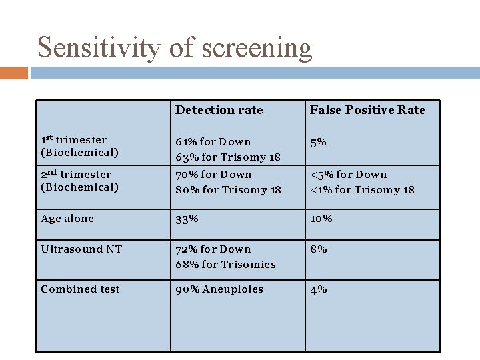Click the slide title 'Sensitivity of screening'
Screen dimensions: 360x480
pyautogui.click(x=175, y=48)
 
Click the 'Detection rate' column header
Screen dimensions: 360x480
pyautogui.click(x=219, y=110)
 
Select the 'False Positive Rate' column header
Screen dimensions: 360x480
pyautogui.click(x=367, y=110)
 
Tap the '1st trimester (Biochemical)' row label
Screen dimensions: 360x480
pyautogui.click(x=79, y=146)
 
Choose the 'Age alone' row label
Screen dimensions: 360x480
pyautogui.click(x=67, y=219)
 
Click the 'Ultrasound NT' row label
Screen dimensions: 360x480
pyautogui.click(x=81, y=249)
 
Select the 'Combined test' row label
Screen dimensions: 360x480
pyautogui.click(x=80, y=289)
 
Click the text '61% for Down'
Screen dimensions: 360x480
pyautogui.click(x=213, y=142)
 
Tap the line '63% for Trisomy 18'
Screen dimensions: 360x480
pyautogui.click(x=227, y=157)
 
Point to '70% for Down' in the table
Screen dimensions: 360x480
pyautogui.click(x=213, y=175)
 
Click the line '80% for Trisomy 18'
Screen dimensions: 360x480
pyautogui.click(x=228, y=190)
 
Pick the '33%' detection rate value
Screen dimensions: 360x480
pyautogui.click(x=187, y=219)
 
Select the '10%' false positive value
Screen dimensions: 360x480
pyautogui.click(x=321, y=219)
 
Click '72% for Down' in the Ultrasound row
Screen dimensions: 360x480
pyautogui.click(x=213, y=249)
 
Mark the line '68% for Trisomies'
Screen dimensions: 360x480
pyautogui.click(x=225, y=265)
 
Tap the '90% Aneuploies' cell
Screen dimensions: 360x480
pyautogui.click(x=219, y=289)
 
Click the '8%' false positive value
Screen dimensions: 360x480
pyautogui.click(x=318, y=249)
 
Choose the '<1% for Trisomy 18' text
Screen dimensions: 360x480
pyautogui.click(x=362, y=190)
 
